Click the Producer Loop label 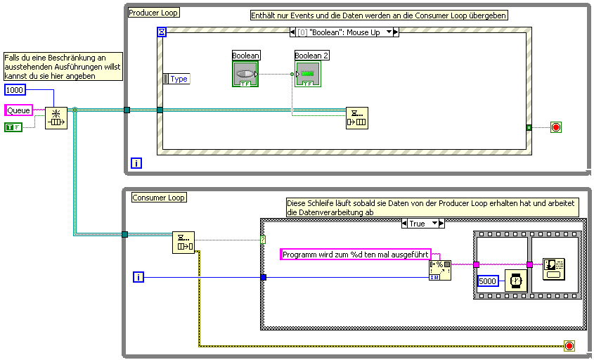(x=154, y=12)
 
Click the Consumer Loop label (x=158, y=198)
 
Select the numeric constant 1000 (x=15, y=90)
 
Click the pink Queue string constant (x=18, y=110)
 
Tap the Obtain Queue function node (x=56, y=118)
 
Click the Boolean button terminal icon (x=245, y=74)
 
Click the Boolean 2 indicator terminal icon (x=308, y=74)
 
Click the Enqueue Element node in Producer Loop (x=357, y=118)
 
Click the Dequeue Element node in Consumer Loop (x=183, y=242)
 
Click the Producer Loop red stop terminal (x=555, y=127)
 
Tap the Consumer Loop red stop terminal (x=569, y=346)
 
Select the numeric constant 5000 (x=488, y=281)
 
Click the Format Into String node (x=440, y=270)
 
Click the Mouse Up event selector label (x=344, y=32)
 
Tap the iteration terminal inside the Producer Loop (x=136, y=163)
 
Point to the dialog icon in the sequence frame (x=555, y=268)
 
